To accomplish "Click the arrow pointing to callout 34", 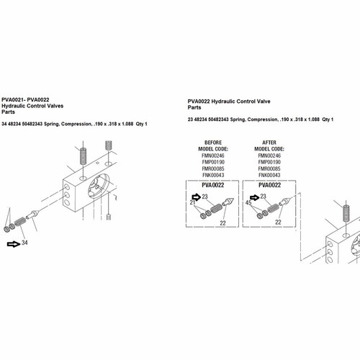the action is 14,244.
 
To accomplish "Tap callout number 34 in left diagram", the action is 24,243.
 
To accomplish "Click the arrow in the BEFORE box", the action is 197,197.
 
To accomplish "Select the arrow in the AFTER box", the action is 255,197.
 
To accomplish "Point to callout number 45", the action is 248,203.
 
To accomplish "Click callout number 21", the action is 192,202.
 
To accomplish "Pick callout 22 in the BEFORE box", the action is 222,223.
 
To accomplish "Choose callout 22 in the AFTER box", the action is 278,222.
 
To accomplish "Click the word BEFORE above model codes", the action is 213,143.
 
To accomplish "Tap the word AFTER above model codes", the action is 269,143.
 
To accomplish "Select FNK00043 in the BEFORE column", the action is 213,175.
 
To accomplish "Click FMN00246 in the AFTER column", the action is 269,156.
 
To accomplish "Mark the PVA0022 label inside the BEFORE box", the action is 213,185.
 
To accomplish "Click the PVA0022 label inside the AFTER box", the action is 269,185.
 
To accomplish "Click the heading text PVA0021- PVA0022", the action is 25,99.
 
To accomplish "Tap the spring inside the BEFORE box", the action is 217,208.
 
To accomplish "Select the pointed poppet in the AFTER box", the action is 284,202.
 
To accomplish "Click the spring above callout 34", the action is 20,222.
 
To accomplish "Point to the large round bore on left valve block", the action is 99,186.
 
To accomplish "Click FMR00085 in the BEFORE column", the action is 213,168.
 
